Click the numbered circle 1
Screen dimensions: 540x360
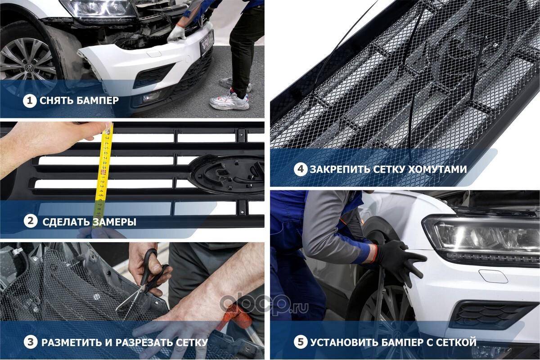coord(30,101)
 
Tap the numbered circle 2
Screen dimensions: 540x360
coord(31,221)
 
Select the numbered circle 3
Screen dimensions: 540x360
coord(31,342)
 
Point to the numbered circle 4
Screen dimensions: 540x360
coord(301,169)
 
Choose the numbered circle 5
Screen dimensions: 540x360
coord(301,342)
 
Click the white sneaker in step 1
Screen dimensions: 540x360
coord(229,100)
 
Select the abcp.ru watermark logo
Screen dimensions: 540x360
coord(264,306)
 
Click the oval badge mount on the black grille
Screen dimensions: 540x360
coord(227,174)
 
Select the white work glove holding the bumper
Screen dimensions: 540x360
coord(177,34)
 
